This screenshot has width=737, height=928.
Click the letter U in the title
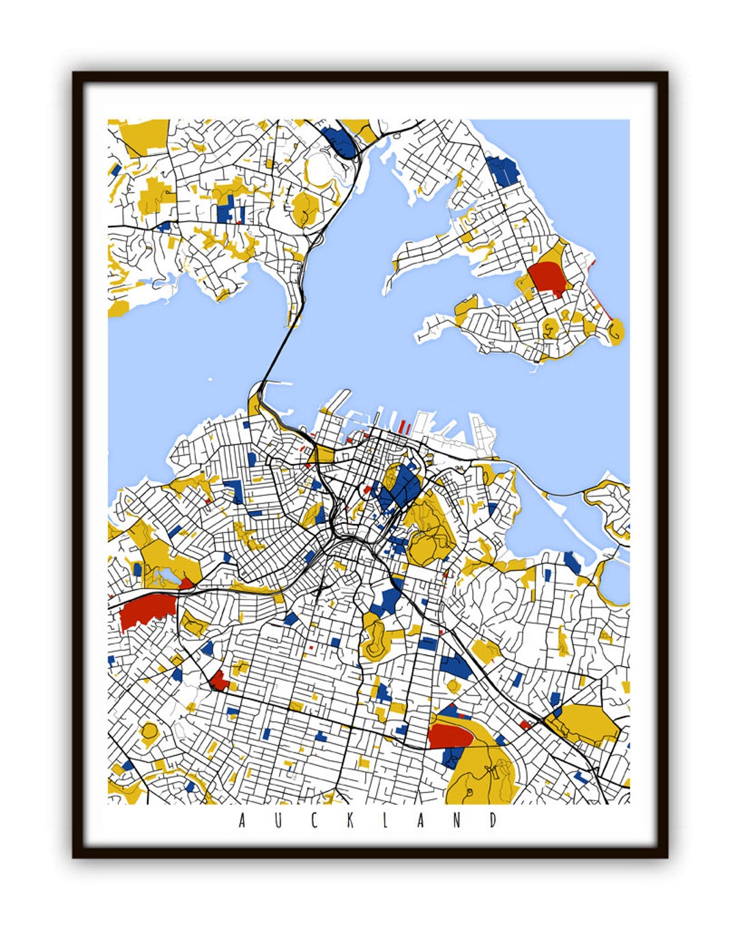click(278, 820)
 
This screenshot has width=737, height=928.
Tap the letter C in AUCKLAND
click(314, 820)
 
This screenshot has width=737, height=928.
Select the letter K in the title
click(350, 820)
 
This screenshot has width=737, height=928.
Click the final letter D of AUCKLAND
click(493, 820)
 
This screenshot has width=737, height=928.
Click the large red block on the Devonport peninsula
click(546, 277)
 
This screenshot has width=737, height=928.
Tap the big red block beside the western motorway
click(145, 611)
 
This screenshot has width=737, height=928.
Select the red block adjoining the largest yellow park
click(451, 735)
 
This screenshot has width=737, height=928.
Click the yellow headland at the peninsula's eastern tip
click(616, 332)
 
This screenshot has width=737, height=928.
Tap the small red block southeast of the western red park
click(219, 680)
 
